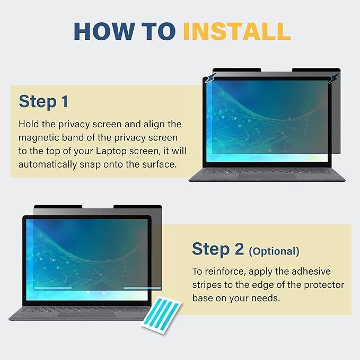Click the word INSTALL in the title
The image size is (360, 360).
tap(237, 31)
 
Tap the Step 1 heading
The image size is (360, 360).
tap(43, 102)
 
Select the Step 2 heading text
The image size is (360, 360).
tap(218, 249)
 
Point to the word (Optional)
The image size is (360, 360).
tap(274, 251)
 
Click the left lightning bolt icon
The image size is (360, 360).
tap(210, 78)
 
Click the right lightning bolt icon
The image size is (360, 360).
tap(334, 78)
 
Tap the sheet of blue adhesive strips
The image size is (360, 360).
tap(161, 314)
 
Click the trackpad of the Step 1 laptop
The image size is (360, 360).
tap(267, 176)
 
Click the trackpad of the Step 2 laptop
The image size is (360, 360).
tap(87, 314)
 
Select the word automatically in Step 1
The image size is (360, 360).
tap(48, 164)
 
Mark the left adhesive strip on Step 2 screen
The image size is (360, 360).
tap(53, 288)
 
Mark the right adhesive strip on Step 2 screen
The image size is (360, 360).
tap(142, 288)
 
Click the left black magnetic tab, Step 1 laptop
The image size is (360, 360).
tap(236, 70)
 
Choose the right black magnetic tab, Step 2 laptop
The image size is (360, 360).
tap(137, 207)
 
